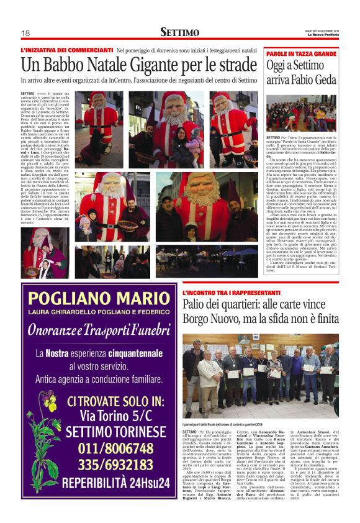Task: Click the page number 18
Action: coord(25,33)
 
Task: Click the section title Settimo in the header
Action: coord(179,32)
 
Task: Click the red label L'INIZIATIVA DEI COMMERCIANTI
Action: coord(66,50)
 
